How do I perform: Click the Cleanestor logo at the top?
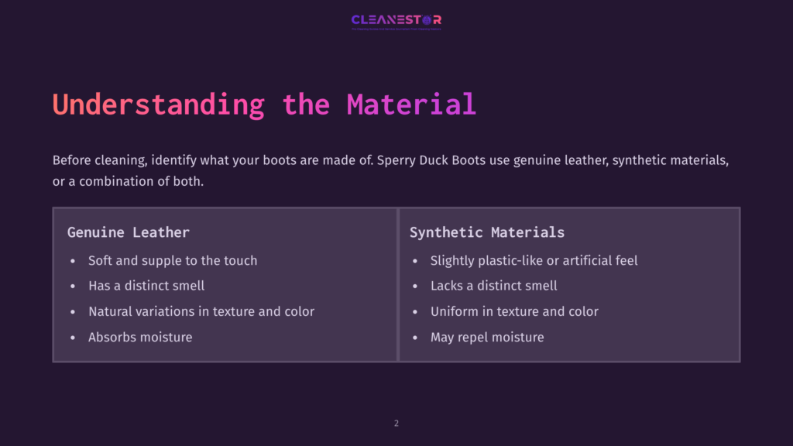click(396, 20)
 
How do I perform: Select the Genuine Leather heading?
click(128, 232)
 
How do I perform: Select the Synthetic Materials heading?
click(487, 232)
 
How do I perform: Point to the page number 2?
click(396, 424)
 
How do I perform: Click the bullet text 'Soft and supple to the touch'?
click(173, 261)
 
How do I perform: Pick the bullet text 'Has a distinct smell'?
click(146, 286)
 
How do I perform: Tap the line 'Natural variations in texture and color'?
click(201, 311)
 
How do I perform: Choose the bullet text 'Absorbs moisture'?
click(140, 337)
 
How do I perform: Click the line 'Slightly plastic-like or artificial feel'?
click(534, 261)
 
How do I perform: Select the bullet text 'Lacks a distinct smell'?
click(493, 286)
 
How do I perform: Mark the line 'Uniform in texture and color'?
click(514, 311)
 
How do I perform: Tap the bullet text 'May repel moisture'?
click(487, 337)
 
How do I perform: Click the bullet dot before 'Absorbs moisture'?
click(73, 338)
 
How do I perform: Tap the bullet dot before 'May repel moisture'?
click(415, 338)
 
